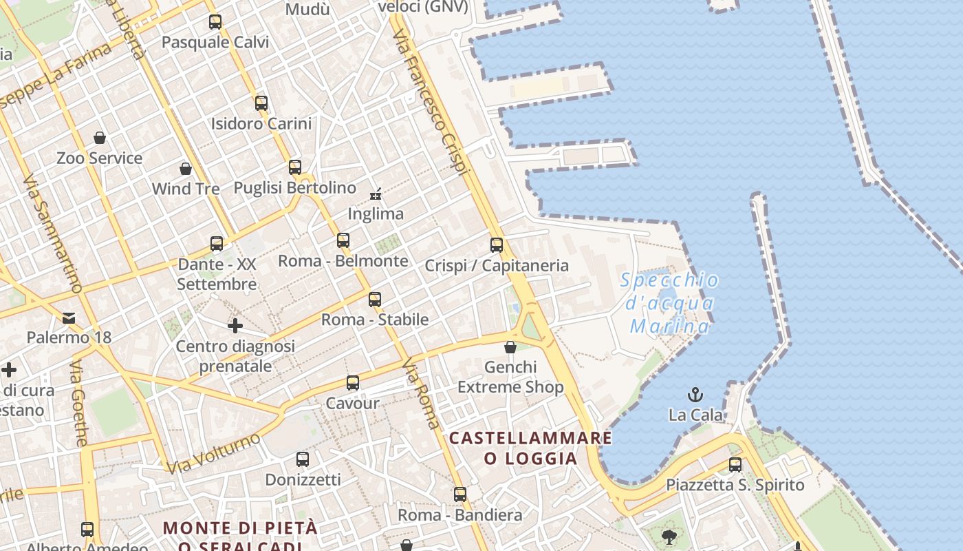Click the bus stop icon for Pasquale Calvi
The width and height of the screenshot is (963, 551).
coord(215,22)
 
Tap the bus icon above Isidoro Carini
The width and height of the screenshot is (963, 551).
coord(261,103)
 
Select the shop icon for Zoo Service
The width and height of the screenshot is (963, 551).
coord(100,138)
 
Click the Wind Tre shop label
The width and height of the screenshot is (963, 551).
coord(186,189)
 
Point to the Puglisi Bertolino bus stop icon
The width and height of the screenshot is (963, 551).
coord(295,167)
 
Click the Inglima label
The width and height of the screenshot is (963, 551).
coord(376,214)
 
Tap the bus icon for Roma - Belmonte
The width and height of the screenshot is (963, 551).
coord(343,240)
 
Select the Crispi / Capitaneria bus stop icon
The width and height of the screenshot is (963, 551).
coord(497,245)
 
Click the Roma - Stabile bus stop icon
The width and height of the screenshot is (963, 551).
coord(375,300)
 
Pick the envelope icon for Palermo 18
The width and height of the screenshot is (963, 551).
coord(69,318)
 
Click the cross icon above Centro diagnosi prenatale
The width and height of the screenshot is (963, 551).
coord(235,325)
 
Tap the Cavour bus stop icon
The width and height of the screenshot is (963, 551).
coord(353,383)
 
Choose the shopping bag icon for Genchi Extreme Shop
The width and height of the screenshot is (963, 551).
coord(510,346)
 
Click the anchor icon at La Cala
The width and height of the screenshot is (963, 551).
coord(695,395)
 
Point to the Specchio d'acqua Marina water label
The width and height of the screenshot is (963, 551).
coord(669,303)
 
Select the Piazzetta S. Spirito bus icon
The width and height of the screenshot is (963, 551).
coord(735,464)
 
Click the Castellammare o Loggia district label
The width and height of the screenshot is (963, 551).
coord(530,448)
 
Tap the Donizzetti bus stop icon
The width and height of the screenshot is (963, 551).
coord(303,459)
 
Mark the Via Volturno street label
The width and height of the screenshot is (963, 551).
coord(214,453)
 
